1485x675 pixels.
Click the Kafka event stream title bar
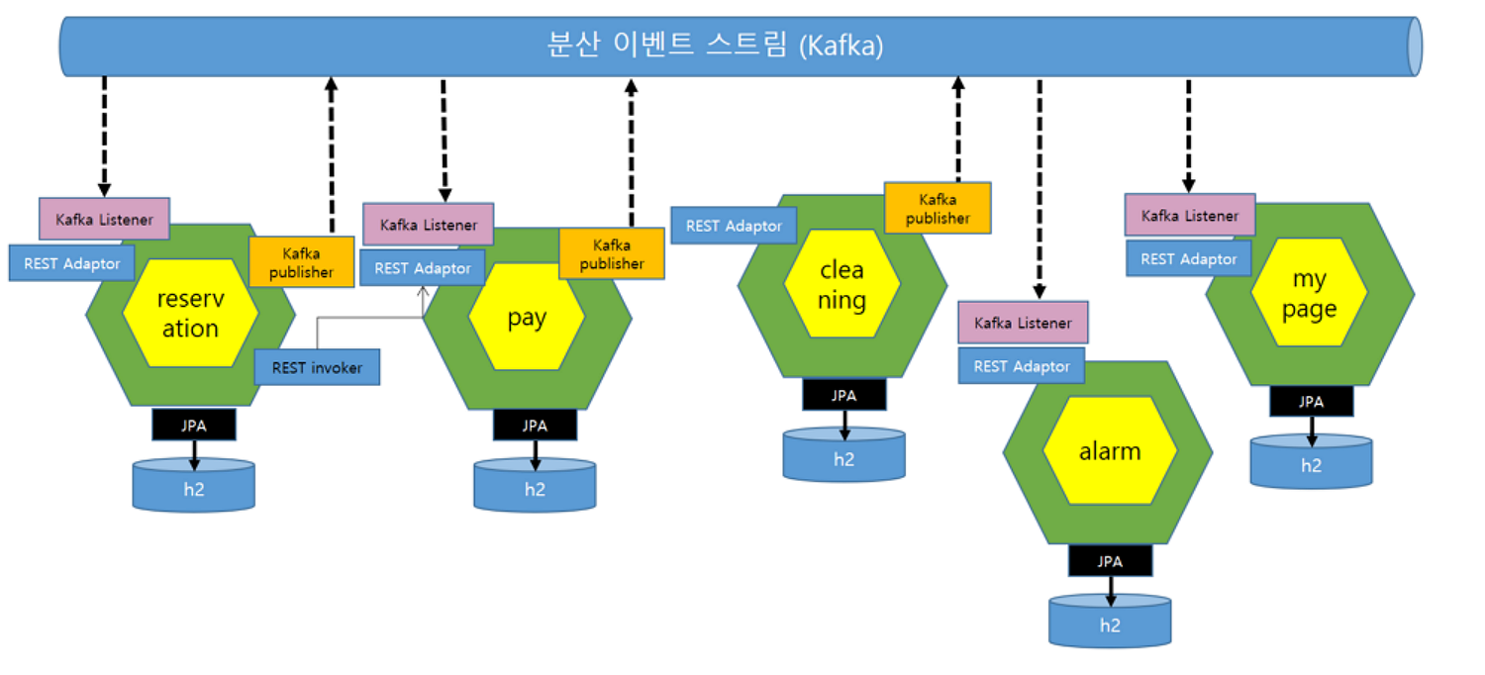tap(741, 47)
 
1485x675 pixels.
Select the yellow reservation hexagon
tap(191, 313)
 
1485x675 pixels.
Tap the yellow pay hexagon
tap(527, 317)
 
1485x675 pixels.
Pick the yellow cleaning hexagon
tap(841, 284)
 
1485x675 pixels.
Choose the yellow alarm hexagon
tap(1111, 451)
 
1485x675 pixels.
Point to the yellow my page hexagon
tap(1310, 292)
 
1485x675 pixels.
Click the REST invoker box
tap(317, 367)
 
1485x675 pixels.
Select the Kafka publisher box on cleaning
tap(939, 208)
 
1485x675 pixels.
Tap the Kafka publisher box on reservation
tap(302, 262)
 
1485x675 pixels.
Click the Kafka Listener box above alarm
tap(1023, 323)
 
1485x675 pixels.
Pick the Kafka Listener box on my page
tap(1190, 216)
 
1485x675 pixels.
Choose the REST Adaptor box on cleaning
tap(734, 226)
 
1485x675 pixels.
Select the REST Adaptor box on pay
tap(423, 268)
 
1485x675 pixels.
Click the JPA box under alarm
tap(1111, 561)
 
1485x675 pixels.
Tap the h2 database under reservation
tap(194, 485)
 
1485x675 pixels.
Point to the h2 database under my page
tap(1312, 461)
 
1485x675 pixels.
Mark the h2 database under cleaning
tap(843, 455)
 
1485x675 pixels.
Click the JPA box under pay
tap(535, 426)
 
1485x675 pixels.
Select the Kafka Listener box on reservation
tap(104, 219)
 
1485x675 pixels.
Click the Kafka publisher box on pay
tap(612, 254)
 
